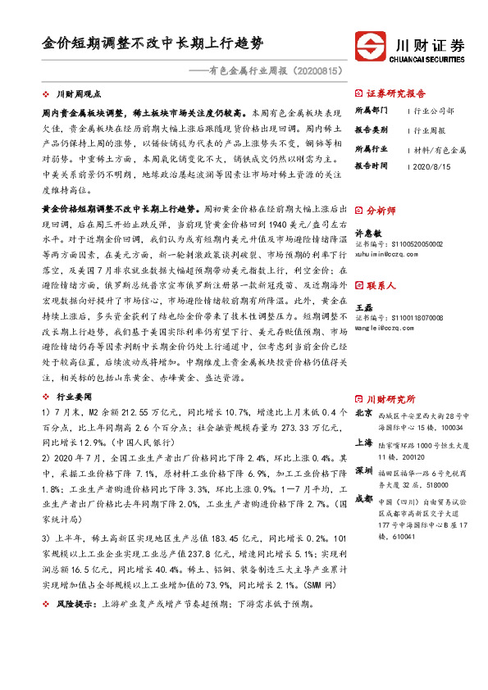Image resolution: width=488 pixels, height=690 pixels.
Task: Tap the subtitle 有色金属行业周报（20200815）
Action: point(271,71)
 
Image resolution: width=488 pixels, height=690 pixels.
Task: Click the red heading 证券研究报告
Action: point(396,93)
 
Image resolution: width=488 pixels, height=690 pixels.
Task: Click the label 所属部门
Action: point(372,110)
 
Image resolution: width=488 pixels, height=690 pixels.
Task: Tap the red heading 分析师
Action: point(381,211)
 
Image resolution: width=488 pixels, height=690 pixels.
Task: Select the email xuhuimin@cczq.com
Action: point(387,255)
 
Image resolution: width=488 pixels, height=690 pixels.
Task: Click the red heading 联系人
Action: point(381,285)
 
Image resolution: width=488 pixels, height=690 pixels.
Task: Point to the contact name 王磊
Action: point(363,306)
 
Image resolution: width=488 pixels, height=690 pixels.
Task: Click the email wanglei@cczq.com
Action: point(385,328)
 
